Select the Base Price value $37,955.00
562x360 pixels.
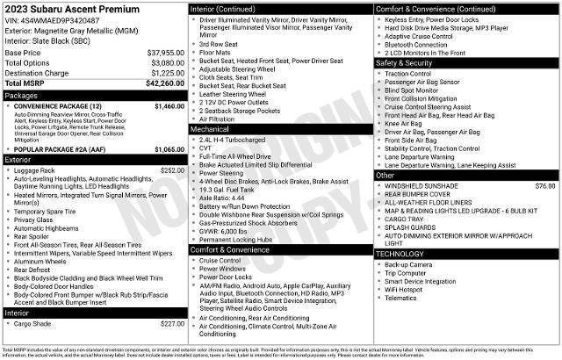[x=166, y=54]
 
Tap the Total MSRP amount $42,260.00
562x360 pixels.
[x=164, y=83]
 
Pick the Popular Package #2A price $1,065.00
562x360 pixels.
[x=169, y=149]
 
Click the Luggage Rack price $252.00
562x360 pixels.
[x=172, y=170]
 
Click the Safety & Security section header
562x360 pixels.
[x=404, y=63]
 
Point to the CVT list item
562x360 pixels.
[x=206, y=148]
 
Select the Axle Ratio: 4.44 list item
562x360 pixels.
[x=221, y=198]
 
